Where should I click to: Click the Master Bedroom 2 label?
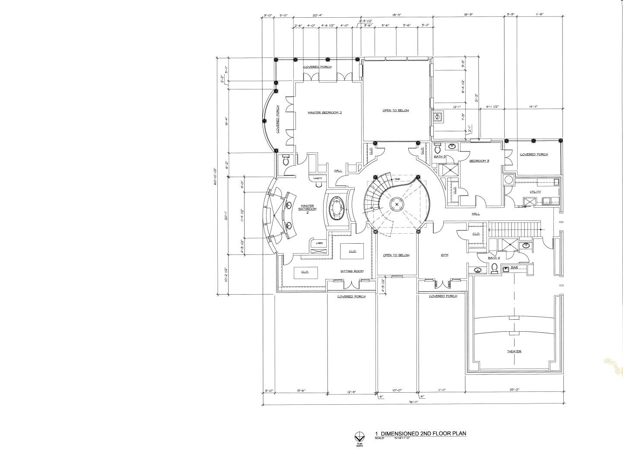tap(324, 112)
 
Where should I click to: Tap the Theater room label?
tap(514, 351)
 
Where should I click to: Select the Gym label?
tap(444, 255)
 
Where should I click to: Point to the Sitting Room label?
tap(352, 271)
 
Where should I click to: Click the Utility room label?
tap(535, 192)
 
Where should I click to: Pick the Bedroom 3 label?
tap(479, 161)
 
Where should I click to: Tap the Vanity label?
tap(318, 178)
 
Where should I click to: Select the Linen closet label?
tap(319, 243)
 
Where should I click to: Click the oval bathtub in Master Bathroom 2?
tap(336, 209)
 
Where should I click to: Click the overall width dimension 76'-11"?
tap(413, 402)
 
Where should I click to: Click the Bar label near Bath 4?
tap(514, 267)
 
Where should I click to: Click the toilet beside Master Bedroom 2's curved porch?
tap(285, 161)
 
